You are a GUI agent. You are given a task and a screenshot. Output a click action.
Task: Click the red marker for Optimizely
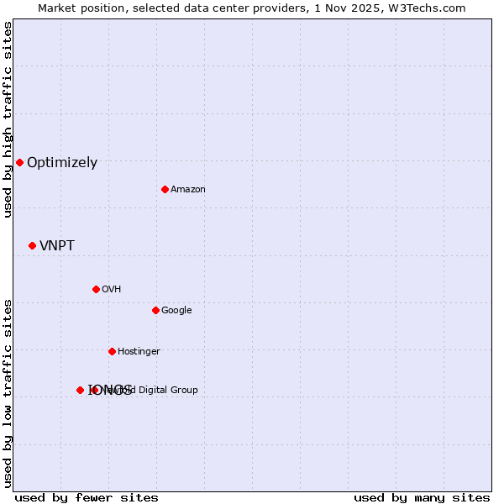[19, 162]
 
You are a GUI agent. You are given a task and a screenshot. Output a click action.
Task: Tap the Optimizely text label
[62, 163]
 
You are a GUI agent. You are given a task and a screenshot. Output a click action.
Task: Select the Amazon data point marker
[165, 189]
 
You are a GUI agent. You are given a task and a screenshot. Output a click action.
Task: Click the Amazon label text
[188, 190]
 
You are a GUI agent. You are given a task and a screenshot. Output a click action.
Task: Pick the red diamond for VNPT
[32, 245]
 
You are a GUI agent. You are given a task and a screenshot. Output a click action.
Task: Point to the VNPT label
[57, 246]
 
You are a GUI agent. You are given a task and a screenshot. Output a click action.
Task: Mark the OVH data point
[96, 289]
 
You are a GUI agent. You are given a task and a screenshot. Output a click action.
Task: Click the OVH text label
[112, 290]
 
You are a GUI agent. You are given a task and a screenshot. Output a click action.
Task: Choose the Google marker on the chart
[155, 310]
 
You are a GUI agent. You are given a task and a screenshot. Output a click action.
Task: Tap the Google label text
[176, 311]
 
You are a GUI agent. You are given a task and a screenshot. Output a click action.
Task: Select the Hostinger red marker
[112, 351]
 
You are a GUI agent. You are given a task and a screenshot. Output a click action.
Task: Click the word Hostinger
[139, 352]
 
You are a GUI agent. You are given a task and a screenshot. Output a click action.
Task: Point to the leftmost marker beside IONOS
[80, 390]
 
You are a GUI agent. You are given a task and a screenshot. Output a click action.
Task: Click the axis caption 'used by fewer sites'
[87, 498]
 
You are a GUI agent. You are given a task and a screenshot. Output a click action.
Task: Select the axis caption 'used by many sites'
[422, 498]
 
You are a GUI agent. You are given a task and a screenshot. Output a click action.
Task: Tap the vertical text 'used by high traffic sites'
[8, 119]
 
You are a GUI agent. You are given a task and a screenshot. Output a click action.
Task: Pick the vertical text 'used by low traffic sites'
[8, 393]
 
